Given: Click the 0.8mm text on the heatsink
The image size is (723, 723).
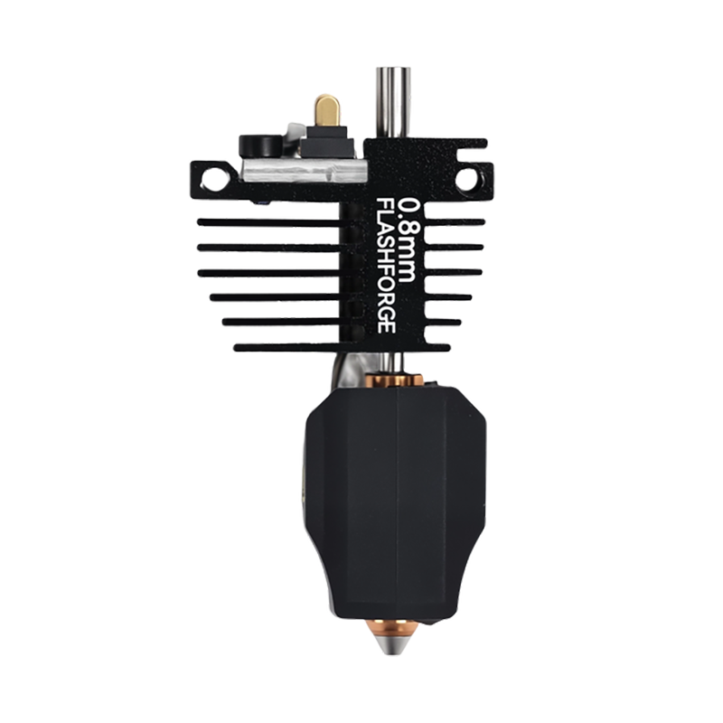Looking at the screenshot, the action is [x=408, y=239].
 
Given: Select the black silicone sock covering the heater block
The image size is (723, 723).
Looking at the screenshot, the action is [x=396, y=502].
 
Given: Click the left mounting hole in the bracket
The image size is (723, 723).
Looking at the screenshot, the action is [x=211, y=176].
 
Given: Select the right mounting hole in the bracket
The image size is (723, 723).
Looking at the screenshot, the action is [x=466, y=178].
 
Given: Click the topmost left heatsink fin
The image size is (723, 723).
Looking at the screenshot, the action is [x=269, y=222].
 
